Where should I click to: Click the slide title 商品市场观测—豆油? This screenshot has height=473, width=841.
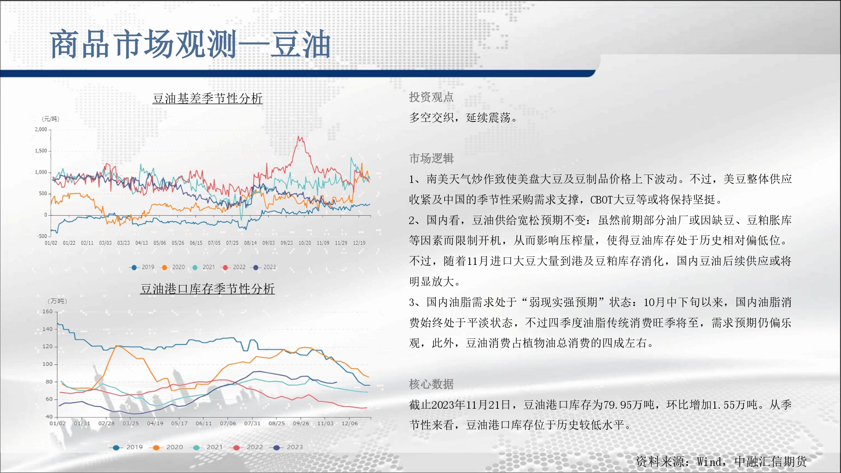(190, 44)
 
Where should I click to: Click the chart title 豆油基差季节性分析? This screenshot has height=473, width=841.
(208, 98)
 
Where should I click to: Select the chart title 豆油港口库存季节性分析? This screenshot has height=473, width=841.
(207, 289)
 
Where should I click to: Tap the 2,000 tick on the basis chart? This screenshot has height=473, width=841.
(41, 129)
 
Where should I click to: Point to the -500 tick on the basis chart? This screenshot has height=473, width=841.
(42, 236)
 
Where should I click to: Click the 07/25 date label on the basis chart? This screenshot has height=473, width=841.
(232, 243)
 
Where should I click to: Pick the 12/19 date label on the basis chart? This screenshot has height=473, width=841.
(359, 243)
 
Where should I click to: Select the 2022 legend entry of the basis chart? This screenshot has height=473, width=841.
(234, 267)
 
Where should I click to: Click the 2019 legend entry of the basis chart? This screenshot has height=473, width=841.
(143, 267)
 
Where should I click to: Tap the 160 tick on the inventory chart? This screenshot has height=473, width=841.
(48, 312)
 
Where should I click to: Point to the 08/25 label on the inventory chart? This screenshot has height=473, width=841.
(277, 423)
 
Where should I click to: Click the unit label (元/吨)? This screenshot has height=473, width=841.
(50, 119)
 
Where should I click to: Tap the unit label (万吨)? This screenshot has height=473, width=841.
(57, 301)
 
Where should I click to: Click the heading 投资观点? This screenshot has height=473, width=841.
(431, 97)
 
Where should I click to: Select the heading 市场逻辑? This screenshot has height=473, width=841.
(431, 159)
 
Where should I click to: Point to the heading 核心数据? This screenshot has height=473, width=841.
(431, 384)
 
